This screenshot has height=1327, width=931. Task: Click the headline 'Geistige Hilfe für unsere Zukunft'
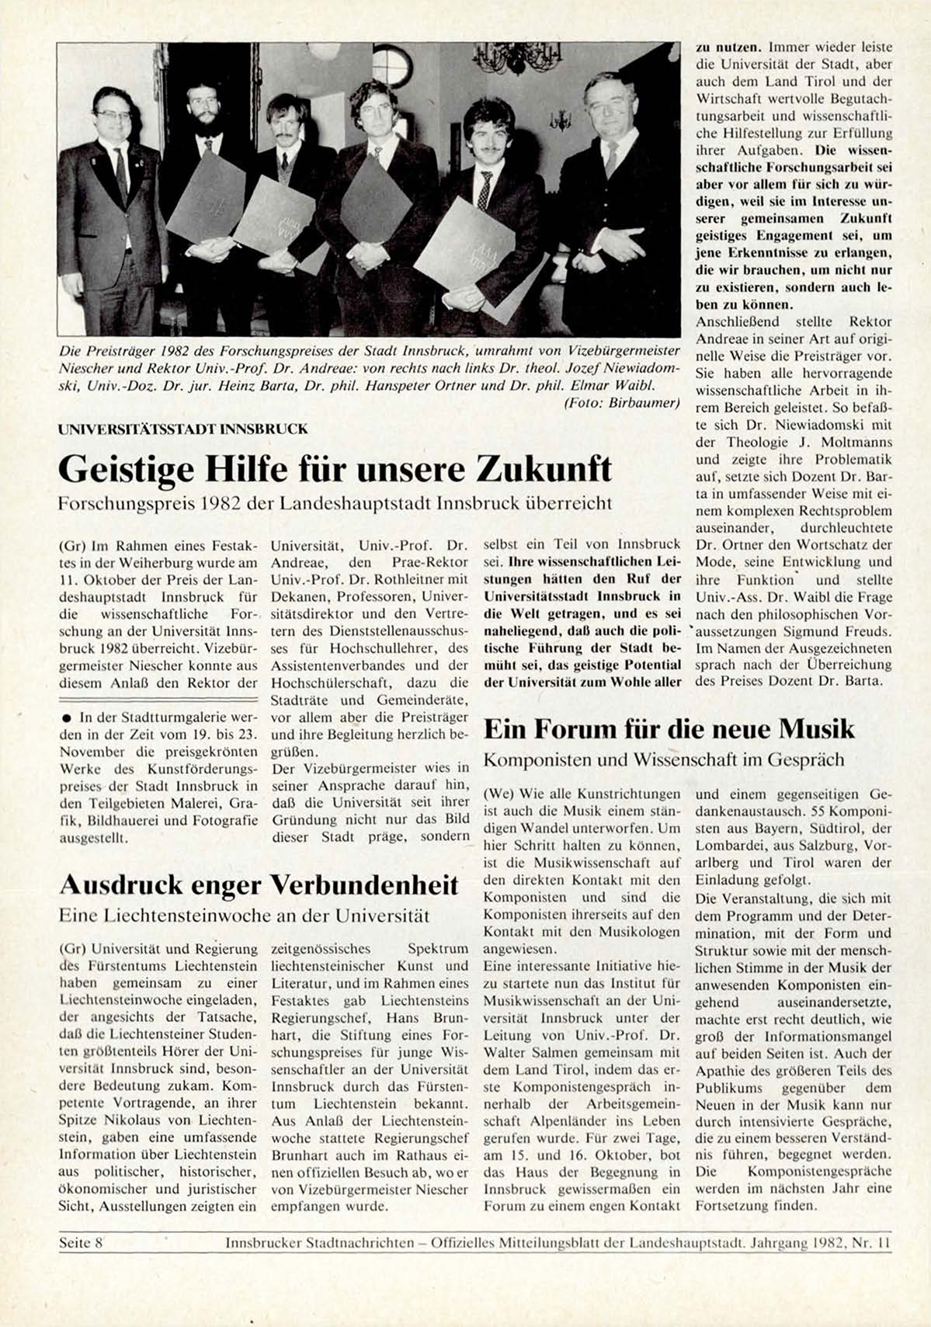(x=335, y=468)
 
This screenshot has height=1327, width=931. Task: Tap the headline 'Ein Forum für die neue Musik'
(x=669, y=728)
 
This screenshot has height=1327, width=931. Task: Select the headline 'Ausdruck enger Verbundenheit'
(x=259, y=884)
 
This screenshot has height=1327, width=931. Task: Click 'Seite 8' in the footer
(x=82, y=1242)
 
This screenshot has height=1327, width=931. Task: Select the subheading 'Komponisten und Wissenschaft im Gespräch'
(x=663, y=759)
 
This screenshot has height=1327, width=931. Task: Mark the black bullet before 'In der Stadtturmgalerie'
(x=68, y=717)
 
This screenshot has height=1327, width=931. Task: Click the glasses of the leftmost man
(x=113, y=115)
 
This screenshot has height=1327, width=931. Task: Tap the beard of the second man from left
(x=203, y=123)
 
